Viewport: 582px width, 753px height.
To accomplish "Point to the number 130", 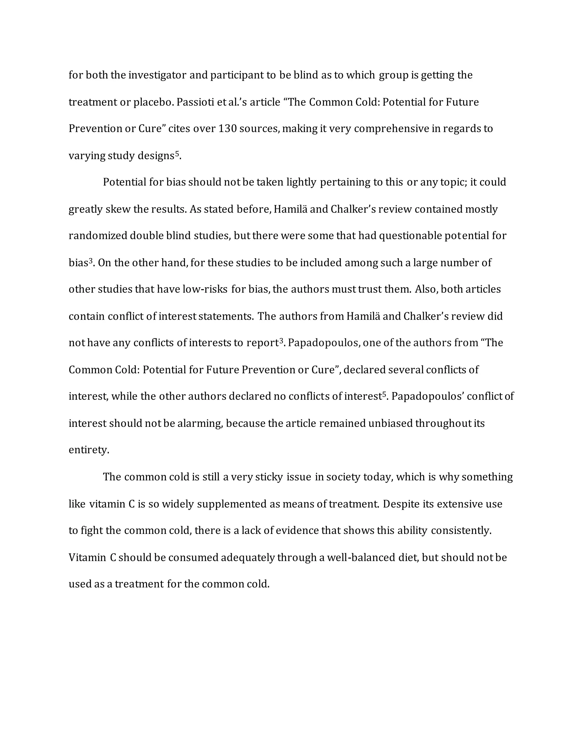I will (x=227, y=129).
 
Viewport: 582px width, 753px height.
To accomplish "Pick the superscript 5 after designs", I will (x=177, y=154).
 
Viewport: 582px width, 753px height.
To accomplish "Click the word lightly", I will (x=301, y=182).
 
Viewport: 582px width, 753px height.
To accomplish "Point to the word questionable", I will (x=410, y=236).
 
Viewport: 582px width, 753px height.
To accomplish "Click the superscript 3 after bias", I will (x=91, y=261).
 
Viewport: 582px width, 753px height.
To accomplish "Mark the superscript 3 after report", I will (x=281, y=341).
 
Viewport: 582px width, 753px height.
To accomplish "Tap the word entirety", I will (x=89, y=450).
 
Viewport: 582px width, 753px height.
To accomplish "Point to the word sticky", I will (x=269, y=477).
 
